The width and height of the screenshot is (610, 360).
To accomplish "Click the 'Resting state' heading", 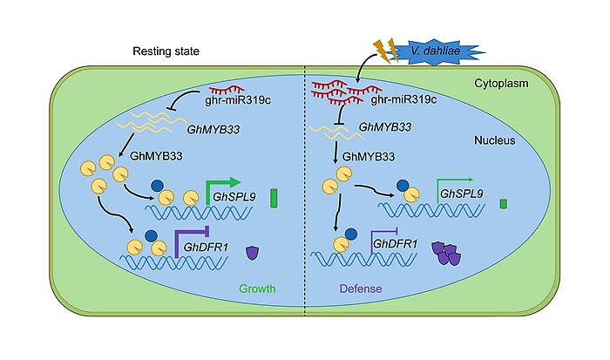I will (166, 52).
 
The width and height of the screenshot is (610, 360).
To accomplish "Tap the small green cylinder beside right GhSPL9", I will (504, 205).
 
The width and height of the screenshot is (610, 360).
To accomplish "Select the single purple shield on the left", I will (253, 253).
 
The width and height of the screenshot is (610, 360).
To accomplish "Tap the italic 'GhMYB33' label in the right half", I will (386, 128).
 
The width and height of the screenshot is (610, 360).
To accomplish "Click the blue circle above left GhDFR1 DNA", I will (152, 236).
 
